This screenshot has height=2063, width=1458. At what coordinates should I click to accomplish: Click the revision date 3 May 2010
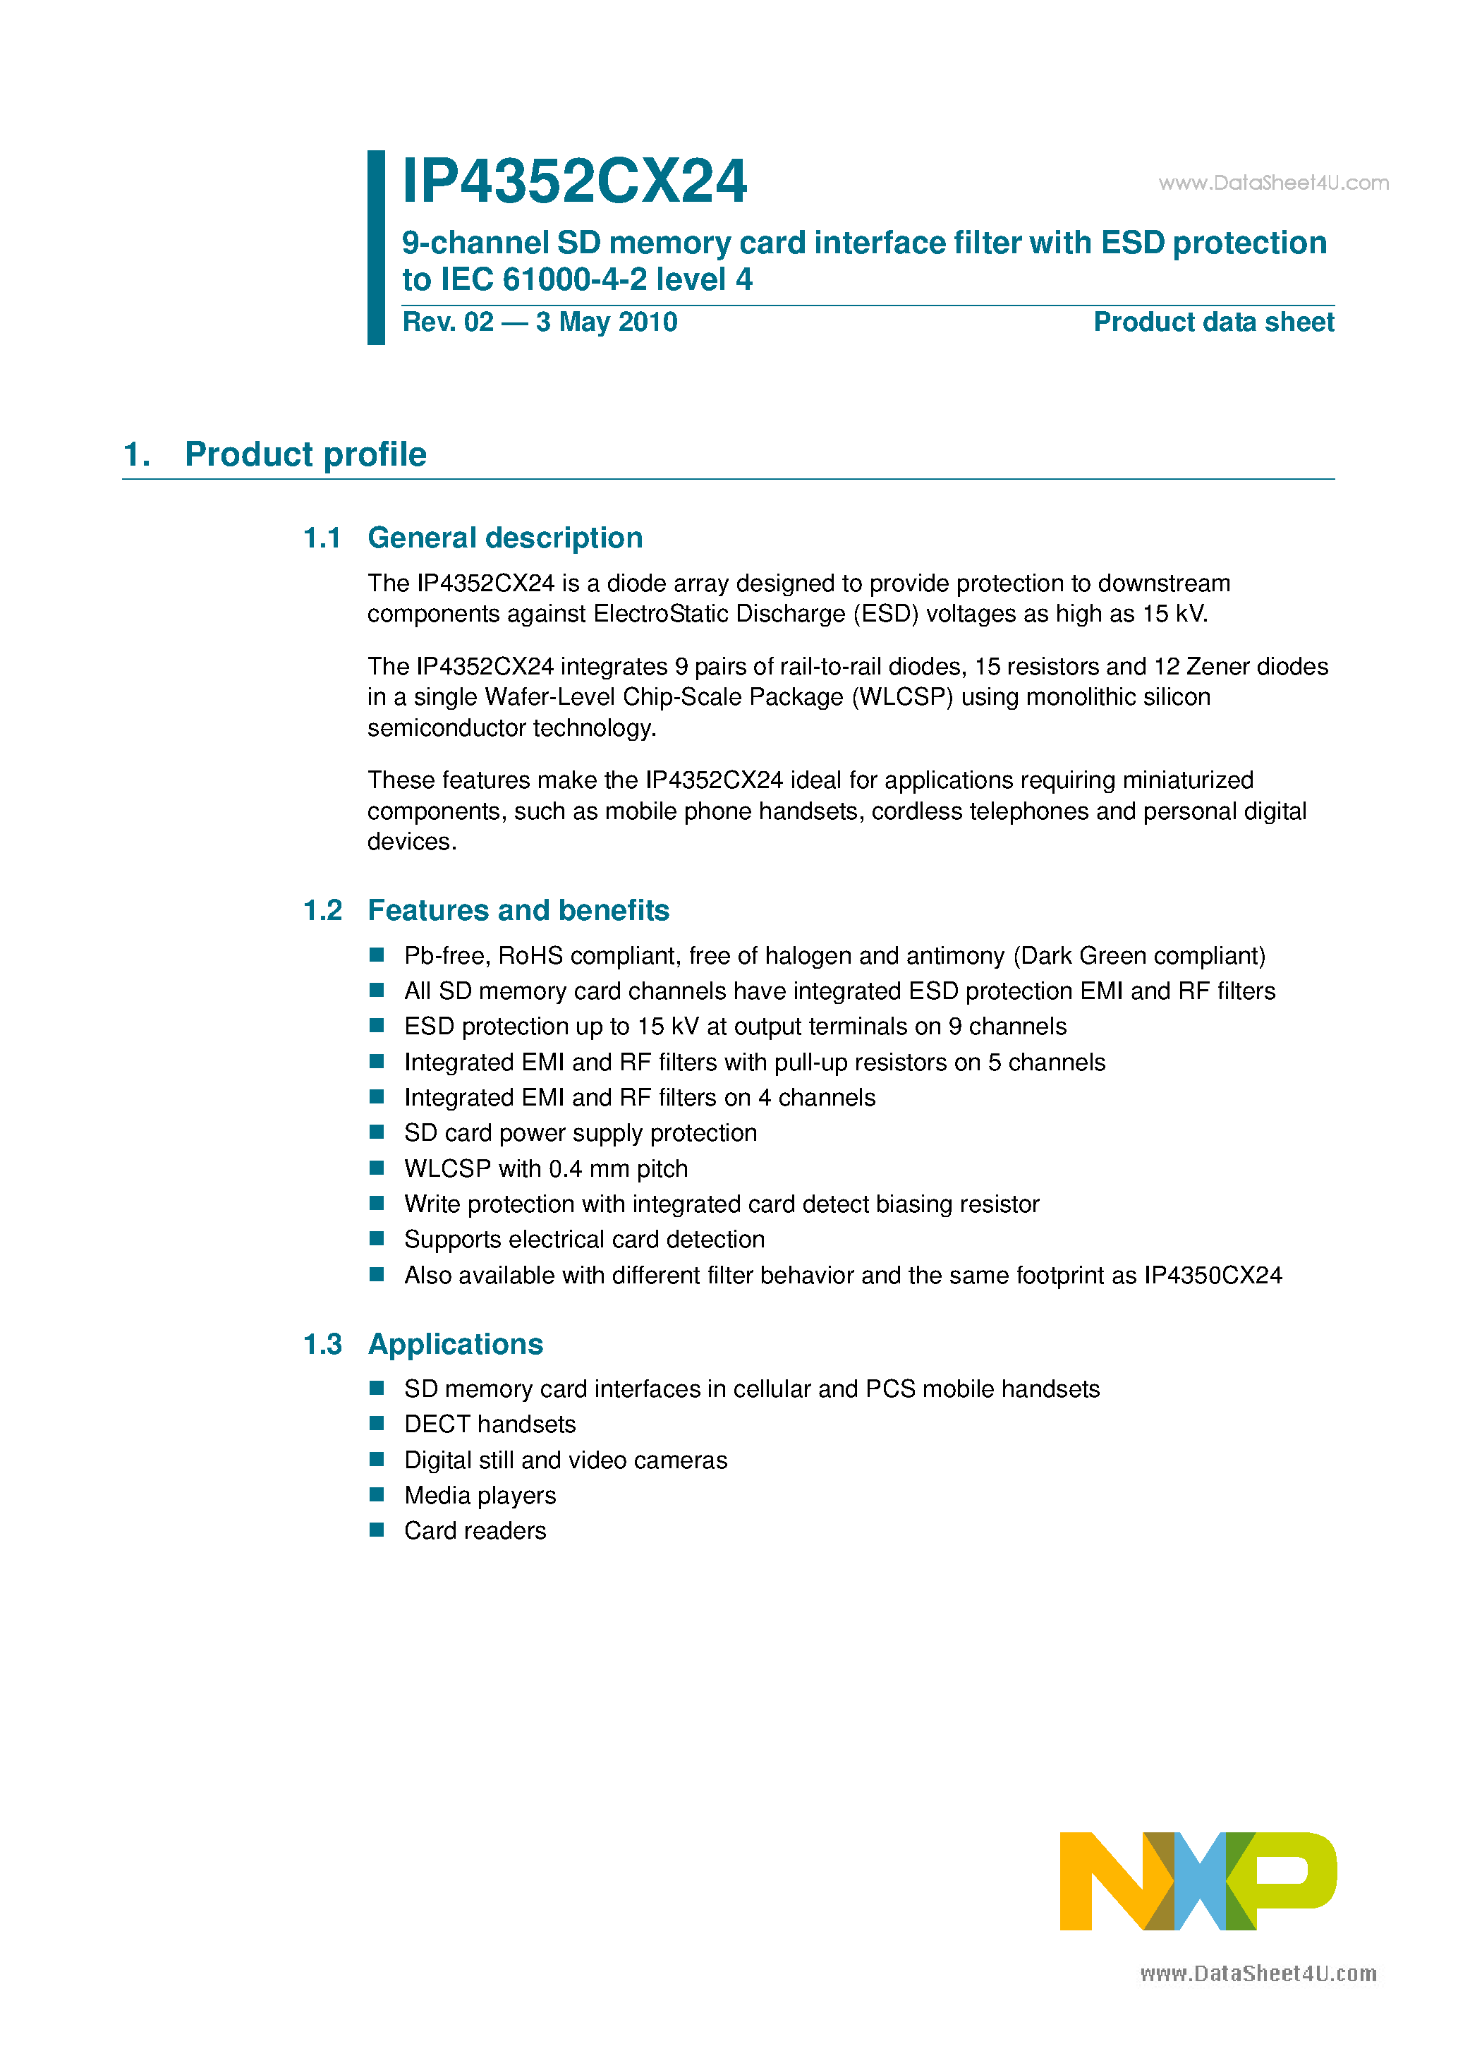(x=607, y=322)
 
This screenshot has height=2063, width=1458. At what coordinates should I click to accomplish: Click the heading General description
(x=505, y=538)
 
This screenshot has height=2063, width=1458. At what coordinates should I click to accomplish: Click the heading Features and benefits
(x=518, y=910)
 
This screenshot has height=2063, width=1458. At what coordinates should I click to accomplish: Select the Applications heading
(x=456, y=1344)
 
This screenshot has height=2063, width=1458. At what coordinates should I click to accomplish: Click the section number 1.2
(x=322, y=910)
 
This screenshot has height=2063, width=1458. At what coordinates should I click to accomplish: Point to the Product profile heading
(x=305, y=454)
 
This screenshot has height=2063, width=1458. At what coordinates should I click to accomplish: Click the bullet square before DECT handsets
(x=377, y=1423)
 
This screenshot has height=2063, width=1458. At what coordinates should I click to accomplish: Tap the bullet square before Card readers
(x=377, y=1530)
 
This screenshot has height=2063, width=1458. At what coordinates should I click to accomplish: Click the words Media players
(x=480, y=1495)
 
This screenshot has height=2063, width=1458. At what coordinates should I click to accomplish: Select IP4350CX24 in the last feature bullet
(x=1212, y=1276)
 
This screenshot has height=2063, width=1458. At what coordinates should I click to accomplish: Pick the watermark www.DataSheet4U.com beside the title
(x=1273, y=183)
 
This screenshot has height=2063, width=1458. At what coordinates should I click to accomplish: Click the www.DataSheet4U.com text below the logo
(x=1258, y=1974)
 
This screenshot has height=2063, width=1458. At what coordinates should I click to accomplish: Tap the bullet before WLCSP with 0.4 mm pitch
(x=377, y=1168)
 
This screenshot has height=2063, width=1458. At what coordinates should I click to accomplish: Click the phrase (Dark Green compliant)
(x=1138, y=956)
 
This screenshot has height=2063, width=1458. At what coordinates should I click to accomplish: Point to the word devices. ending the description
(x=411, y=842)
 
